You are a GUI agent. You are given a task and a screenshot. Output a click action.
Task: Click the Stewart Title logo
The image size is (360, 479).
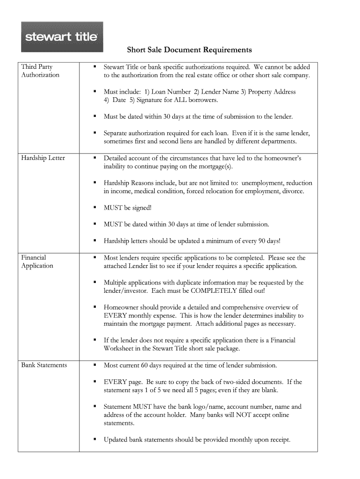pyautogui.click(x=62, y=36)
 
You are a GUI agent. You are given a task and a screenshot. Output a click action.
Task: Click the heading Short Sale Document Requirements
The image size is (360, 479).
pyautogui.click(x=190, y=50)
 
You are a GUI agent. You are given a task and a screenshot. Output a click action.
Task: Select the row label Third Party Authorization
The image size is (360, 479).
pyautogui.click(x=40, y=71)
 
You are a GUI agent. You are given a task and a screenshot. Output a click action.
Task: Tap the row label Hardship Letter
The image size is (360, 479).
pyautogui.click(x=43, y=158)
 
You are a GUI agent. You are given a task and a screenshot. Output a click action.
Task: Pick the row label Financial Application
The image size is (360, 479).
pyautogui.click(x=37, y=261)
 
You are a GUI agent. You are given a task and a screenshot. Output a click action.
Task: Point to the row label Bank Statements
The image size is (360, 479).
pyautogui.click(x=44, y=365)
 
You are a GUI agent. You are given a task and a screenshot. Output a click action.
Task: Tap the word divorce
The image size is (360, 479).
pyautogui.click(x=292, y=191)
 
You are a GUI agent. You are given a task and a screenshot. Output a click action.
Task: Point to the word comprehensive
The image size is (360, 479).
pyautogui.click(x=261, y=307)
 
